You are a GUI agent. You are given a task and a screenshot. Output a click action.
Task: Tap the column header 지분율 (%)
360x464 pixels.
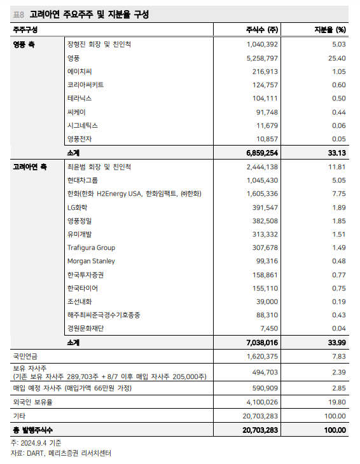point(330,30)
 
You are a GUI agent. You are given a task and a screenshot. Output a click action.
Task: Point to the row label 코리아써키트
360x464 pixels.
point(86,85)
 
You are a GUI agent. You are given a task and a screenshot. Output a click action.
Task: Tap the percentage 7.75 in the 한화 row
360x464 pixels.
point(338,193)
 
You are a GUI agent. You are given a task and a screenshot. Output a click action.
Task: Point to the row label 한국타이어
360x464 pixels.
point(83,288)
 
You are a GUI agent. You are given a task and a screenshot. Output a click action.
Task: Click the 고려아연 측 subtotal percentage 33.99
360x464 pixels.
point(335,342)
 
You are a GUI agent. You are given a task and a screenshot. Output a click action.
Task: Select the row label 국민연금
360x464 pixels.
point(25,356)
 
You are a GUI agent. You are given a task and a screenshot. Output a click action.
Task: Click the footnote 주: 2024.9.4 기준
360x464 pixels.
point(36,442)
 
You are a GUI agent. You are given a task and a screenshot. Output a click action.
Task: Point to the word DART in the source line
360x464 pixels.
point(35,453)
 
